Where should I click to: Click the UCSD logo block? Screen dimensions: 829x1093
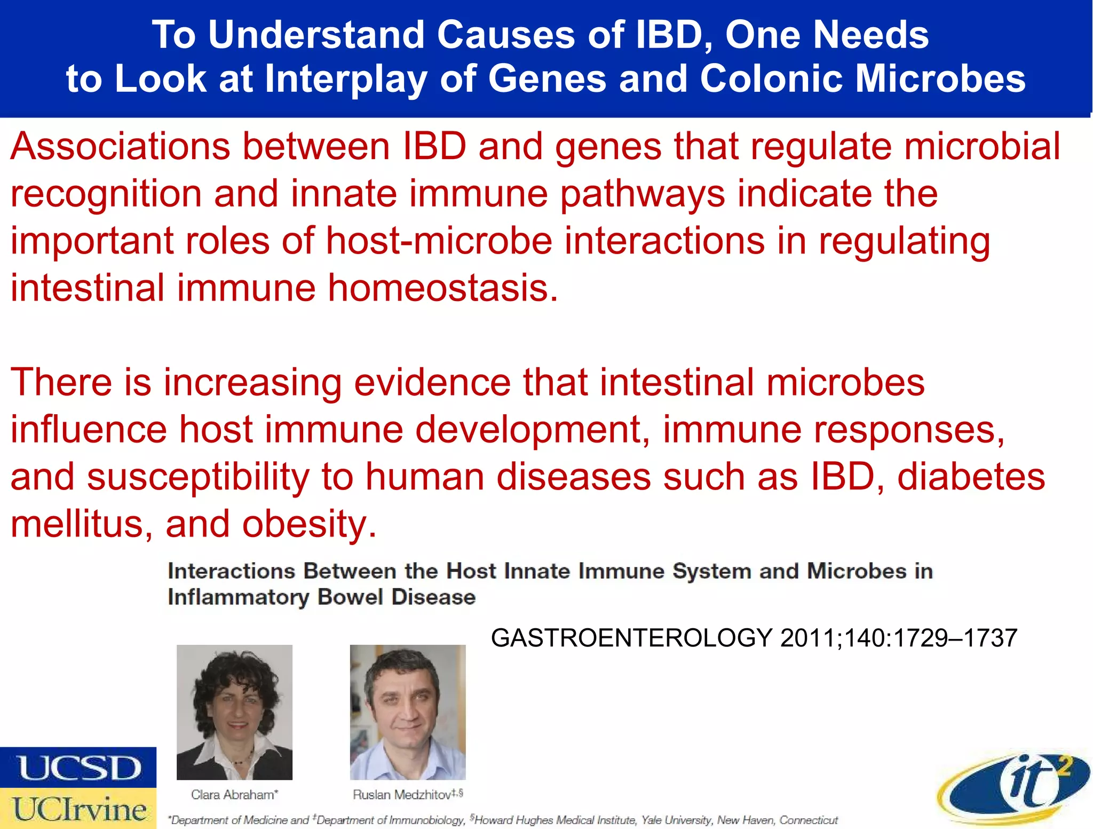click(78, 767)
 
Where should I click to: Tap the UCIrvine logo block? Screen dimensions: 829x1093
click(78, 808)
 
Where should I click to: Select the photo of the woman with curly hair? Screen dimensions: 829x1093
click(234, 712)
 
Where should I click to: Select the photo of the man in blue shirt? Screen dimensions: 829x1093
click(408, 712)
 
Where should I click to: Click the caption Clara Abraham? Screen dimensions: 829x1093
click(234, 795)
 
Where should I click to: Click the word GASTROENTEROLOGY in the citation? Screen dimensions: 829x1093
click(631, 638)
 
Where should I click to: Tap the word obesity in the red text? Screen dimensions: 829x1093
click(309, 524)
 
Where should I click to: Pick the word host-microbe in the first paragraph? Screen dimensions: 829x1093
click(439, 241)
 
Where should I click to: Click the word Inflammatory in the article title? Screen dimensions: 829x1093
click(238, 597)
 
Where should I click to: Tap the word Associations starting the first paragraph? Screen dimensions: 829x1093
click(120, 147)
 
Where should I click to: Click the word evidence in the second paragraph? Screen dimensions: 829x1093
click(432, 383)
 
